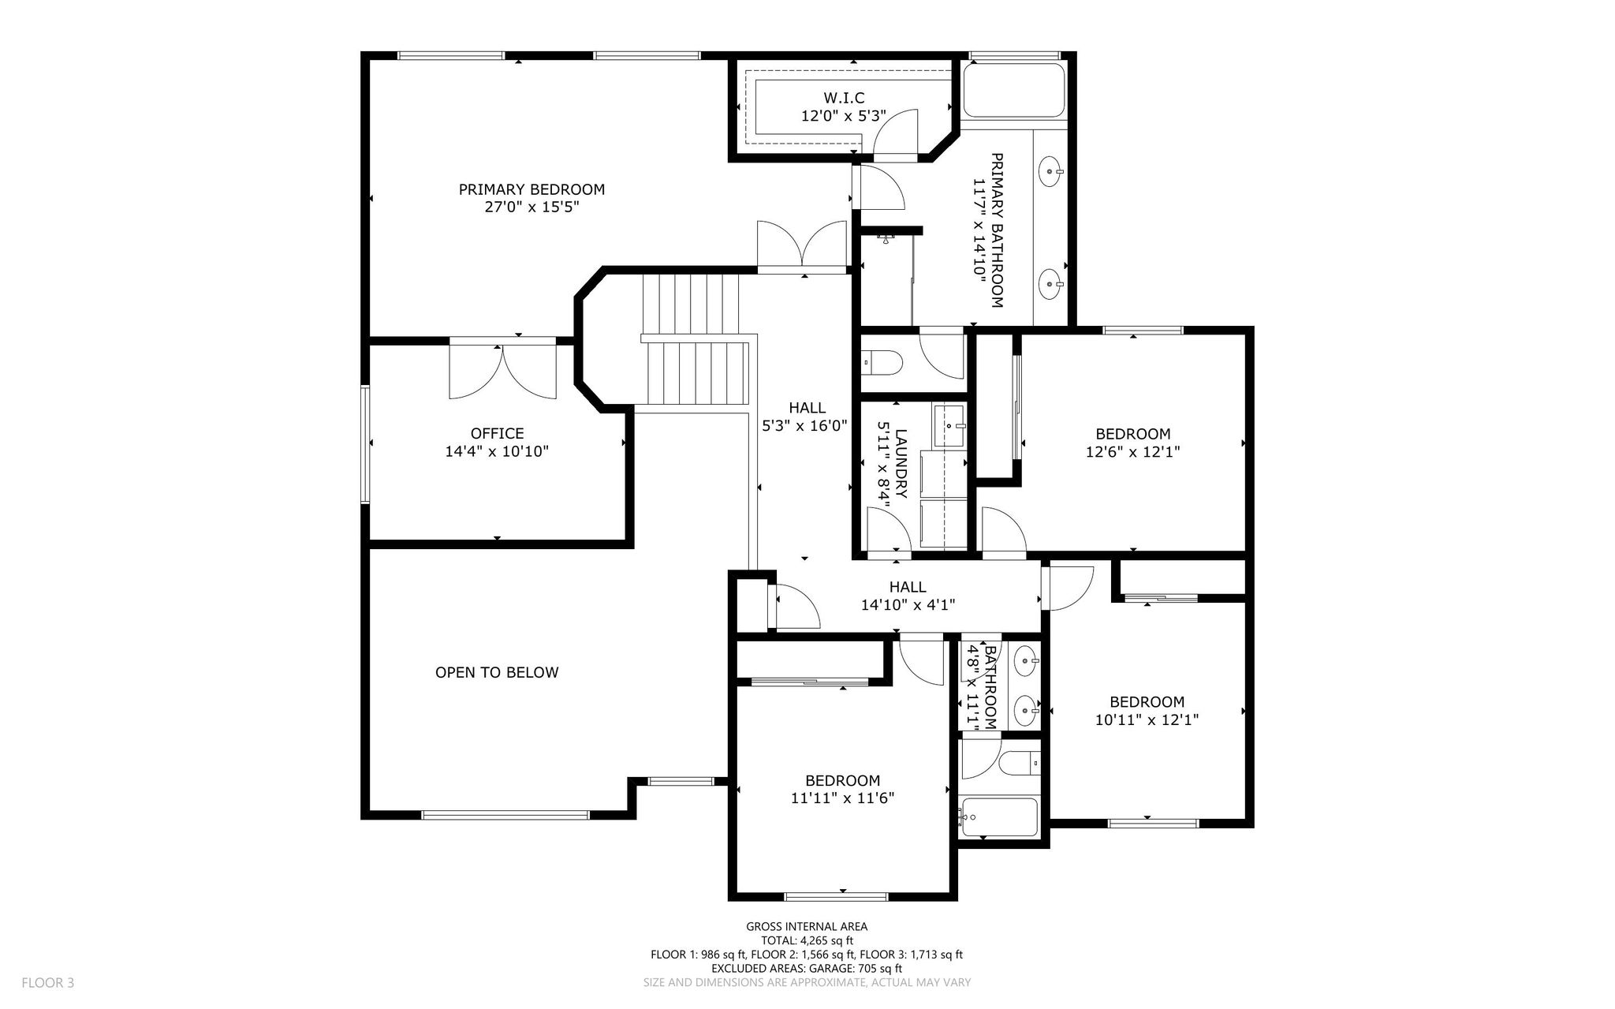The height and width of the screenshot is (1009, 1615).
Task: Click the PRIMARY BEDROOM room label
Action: (x=531, y=189)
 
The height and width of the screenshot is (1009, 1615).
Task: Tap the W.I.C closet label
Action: (x=844, y=98)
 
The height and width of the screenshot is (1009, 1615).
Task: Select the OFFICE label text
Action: (x=497, y=433)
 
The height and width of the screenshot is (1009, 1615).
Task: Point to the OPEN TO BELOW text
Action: (x=497, y=672)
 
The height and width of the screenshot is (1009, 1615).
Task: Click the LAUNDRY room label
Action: (x=902, y=464)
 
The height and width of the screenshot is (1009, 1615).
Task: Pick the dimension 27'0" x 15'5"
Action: (x=531, y=207)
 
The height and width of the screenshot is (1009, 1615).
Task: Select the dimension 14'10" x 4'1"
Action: (x=908, y=605)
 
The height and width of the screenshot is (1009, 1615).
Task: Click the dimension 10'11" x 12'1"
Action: (x=1147, y=719)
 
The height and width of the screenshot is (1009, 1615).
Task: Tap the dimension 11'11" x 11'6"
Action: (x=842, y=798)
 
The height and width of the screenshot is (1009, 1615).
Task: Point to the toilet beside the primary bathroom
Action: (x=882, y=364)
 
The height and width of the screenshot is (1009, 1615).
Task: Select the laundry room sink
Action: (x=950, y=426)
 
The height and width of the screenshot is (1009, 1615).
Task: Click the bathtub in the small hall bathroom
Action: (x=998, y=817)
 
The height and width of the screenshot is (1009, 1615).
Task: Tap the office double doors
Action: (x=502, y=371)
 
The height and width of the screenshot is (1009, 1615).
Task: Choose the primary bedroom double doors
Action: (x=802, y=246)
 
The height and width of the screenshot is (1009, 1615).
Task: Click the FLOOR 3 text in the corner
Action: (x=48, y=983)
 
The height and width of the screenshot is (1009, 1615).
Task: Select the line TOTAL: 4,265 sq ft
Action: (x=807, y=940)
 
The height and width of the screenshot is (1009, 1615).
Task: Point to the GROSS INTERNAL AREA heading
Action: (x=807, y=927)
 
